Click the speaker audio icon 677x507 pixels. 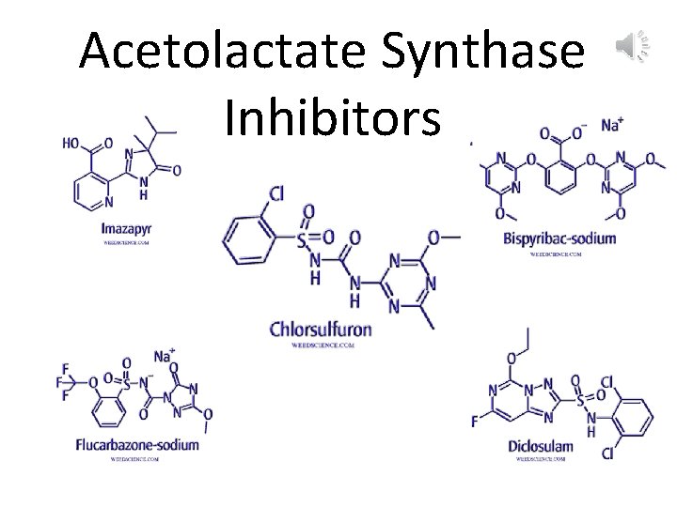[633, 45]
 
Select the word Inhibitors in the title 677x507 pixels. [333, 119]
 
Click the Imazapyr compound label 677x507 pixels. [126, 228]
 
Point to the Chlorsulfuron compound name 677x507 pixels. [321, 330]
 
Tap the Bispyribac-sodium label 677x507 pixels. [559, 238]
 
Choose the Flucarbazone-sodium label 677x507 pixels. [137, 444]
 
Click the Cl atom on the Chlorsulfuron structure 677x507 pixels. [276, 194]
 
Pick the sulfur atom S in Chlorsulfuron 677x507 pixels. [301, 240]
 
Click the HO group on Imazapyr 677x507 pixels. [71, 144]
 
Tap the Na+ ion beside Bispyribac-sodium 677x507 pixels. [613, 124]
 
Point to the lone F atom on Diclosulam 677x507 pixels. [475, 422]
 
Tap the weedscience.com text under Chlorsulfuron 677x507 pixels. [321, 346]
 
